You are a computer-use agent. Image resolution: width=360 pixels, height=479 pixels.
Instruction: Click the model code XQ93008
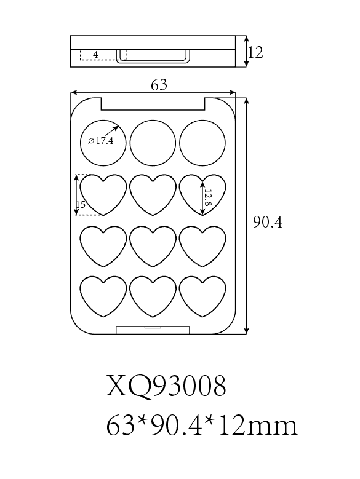tap(166, 386)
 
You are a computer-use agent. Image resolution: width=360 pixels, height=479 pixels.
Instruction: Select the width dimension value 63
tap(159, 85)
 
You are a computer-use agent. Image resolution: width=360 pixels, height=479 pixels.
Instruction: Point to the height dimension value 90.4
tap(268, 222)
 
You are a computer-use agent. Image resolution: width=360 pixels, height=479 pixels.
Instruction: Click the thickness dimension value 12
tap(255, 52)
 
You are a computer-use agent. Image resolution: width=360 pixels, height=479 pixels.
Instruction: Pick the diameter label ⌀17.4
tap(100, 141)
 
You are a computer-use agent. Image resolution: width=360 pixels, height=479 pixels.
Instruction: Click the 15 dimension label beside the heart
tap(81, 204)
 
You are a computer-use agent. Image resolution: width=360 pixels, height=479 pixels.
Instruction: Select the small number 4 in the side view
tap(95, 55)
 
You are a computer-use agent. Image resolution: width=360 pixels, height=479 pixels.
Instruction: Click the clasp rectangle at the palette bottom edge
tap(153, 330)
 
